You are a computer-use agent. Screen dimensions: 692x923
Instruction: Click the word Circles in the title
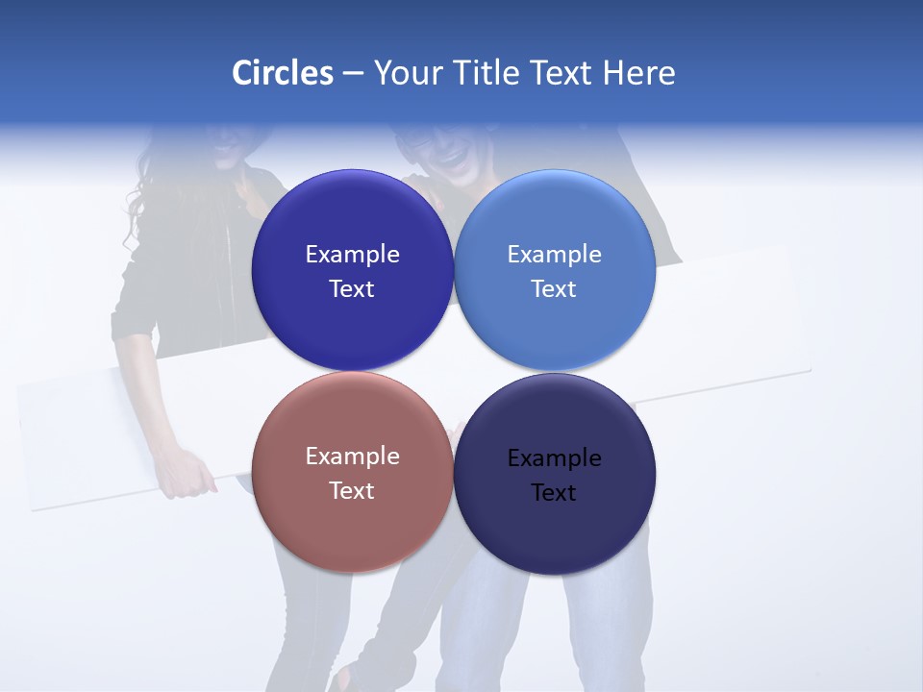[282, 73]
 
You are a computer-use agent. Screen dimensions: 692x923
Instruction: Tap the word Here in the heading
[639, 73]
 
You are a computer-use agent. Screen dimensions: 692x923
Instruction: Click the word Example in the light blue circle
[555, 255]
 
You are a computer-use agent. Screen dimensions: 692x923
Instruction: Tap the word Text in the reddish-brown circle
[352, 491]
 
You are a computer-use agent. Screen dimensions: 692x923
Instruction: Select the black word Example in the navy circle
[555, 458]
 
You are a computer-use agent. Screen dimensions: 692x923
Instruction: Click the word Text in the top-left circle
[352, 289]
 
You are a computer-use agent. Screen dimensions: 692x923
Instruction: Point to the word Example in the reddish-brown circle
[352, 457]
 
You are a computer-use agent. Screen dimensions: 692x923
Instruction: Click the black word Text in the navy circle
[554, 493]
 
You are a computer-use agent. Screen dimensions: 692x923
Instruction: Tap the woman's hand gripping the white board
[188, 477]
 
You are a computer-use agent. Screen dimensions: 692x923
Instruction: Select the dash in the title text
[353, 74]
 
